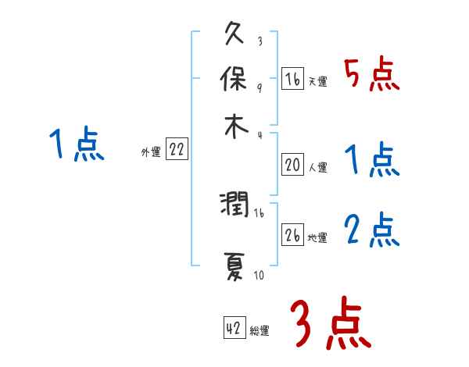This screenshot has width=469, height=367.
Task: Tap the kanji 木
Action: (236, 126)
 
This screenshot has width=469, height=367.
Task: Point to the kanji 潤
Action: (234, 207)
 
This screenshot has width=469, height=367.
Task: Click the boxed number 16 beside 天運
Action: (292, 80)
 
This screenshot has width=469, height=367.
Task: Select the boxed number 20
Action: (292, 164)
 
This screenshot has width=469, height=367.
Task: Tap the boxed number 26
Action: (292, 236)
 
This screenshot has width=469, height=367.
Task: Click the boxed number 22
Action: (177, 151)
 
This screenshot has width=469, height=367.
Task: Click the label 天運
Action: (317, 81)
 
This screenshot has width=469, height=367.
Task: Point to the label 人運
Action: (317, 166)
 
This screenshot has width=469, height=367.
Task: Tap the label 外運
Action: (151, 152)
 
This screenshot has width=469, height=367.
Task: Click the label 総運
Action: (260, 331)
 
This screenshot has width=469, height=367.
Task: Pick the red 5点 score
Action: (371, 76)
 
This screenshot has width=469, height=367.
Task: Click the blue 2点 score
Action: (371, 230)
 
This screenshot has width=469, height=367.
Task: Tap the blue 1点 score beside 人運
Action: (371, 160)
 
